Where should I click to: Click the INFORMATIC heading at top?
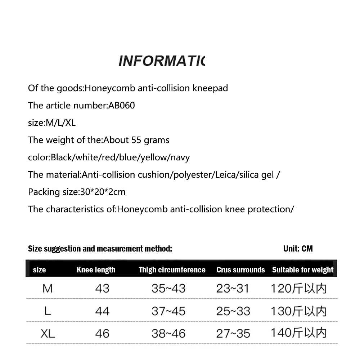[161, 61]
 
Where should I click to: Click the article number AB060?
[122, 106]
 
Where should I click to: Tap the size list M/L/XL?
[60, 123]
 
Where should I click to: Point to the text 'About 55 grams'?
[136, 140]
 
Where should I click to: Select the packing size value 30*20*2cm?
[102, 192]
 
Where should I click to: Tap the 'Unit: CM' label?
[298, 249]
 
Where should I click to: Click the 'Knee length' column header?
[96, 270]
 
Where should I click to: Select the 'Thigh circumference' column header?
[172, 270]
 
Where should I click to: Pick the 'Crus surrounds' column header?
[240, 270]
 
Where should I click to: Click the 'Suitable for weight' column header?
[303, 270]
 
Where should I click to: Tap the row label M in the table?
[48, 288]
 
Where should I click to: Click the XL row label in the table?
[48, 333]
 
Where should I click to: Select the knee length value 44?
[102, 311]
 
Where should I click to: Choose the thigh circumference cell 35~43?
[168, 288]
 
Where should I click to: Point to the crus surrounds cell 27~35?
[233, 333]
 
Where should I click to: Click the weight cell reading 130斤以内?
[298, 311]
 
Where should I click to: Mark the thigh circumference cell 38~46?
[168, 333]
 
